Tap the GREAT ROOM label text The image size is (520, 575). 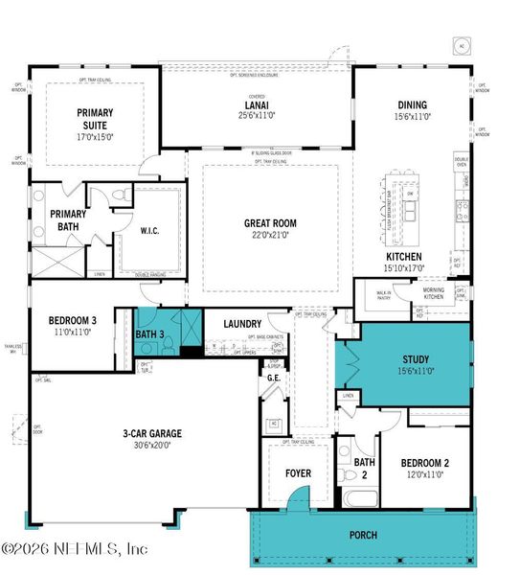tap(270, 223)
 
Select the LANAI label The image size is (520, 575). tap(257, 108)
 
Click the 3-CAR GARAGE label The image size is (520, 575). tap(152, 433)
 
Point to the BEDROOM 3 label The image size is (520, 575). tap(72, 321)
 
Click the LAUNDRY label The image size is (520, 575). tap(242, 324)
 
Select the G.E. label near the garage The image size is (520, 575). tap(273, 379)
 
